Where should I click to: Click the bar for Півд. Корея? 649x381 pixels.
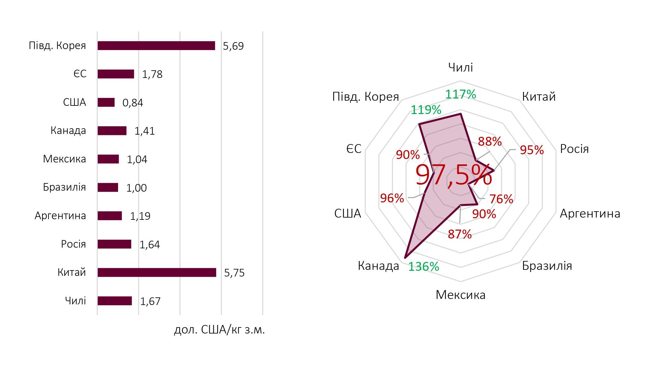click(156, 46)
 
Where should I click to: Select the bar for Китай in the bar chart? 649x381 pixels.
click(157, 272)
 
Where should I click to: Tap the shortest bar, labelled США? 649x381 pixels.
click(106, 102)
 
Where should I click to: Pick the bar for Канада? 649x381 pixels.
click(112, 131)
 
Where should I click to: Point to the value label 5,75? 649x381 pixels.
click(234, 273)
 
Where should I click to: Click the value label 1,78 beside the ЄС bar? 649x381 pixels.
click(152, 74)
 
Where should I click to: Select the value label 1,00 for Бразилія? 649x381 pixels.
click(136, 188)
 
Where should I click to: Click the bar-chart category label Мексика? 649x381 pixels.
click(64, 159)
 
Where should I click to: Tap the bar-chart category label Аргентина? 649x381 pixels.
click(60, 216)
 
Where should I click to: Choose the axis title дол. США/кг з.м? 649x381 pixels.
click(219, 330)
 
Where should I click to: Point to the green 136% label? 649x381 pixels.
click(423, 267)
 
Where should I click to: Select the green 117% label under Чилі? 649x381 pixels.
click(460, 94)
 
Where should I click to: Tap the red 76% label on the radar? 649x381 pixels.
click(501, 199)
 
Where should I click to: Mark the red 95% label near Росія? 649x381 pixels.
click(532, 150)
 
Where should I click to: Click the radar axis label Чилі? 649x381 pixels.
click(460, 67)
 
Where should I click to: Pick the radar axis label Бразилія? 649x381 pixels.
click(547, 266)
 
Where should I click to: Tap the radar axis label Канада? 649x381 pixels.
click(378, 266)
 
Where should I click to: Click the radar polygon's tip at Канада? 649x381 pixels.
click(406, 256)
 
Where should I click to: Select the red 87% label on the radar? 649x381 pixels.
click(459, 234)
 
